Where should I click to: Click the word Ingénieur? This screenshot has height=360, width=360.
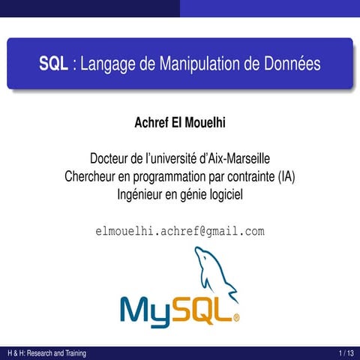(x=142, y=194)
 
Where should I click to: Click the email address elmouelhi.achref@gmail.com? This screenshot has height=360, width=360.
(x=180, y=230)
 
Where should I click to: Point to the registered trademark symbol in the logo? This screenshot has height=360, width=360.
(x=237, y=317)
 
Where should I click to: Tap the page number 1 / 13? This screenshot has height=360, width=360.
(x=346, y=353)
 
